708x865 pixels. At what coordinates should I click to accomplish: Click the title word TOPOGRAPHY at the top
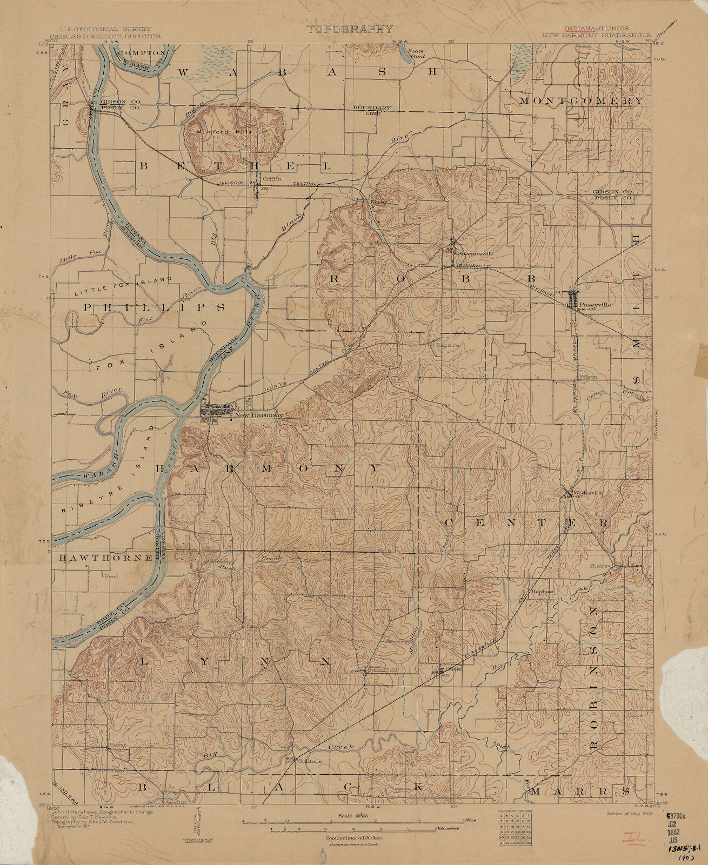click(x=350, y=29)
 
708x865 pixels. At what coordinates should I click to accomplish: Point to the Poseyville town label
click(x=595, y=304)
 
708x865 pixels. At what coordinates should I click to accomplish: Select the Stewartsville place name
click(x=476, y=252)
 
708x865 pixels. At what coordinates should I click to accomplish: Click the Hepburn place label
click(x=543, y=592)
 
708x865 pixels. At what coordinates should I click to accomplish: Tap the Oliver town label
click(x=453, y=668)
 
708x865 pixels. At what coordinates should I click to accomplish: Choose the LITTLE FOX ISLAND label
click(x=123, y=285)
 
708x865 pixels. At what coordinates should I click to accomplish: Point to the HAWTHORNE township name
click(x=105, y=558)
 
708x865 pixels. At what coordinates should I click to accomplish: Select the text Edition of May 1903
click(x=626, y=813)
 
